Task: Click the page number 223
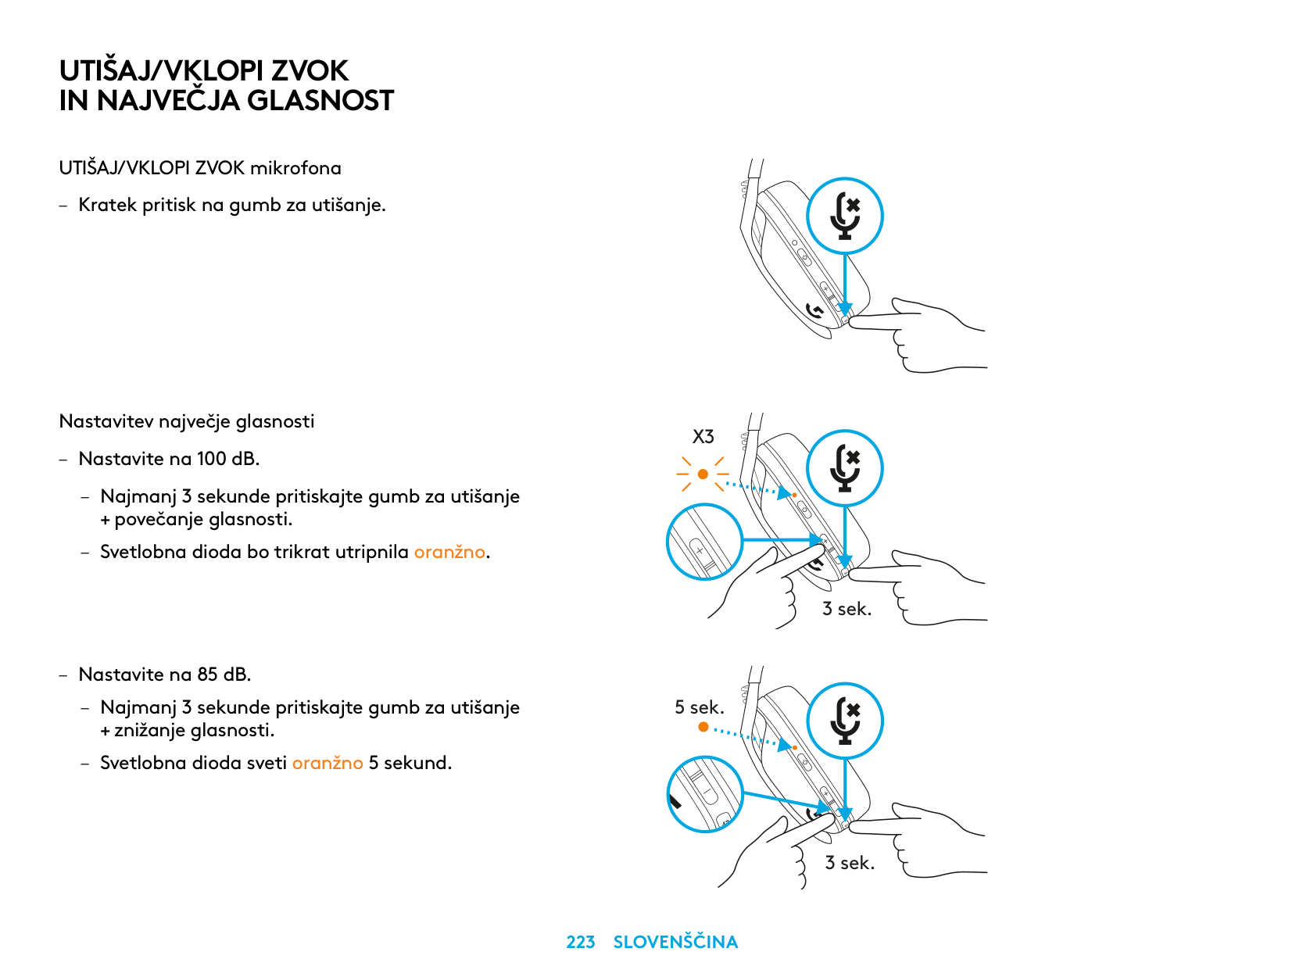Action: click(x=580, y=942)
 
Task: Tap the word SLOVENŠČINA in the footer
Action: click(x=675, y=942)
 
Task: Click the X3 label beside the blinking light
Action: click(x=703, y=437)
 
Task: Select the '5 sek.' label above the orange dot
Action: click(x=700, y=707)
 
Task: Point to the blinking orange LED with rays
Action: click(x=703, y=474)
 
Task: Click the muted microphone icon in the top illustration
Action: click(x=845, y=217)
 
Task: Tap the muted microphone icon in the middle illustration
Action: click(x=845, y=468)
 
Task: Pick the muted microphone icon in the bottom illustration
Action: click(x=845, y=721)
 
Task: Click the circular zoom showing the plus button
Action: click(x=704, y=542)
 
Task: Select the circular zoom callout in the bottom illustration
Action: click(x=704, y=794)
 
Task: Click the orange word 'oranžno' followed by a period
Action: click(x=449, y=552)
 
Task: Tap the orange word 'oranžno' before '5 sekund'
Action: click(x=328, y=763)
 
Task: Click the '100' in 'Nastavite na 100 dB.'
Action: click(x=211, y=459)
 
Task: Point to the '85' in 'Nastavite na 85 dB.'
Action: click(x=207, y=675)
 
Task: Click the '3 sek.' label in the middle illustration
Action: click(x=847, y=609)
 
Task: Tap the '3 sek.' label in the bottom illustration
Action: click(x=850, y=863)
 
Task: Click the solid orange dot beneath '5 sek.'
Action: click(x=703, y=727)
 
